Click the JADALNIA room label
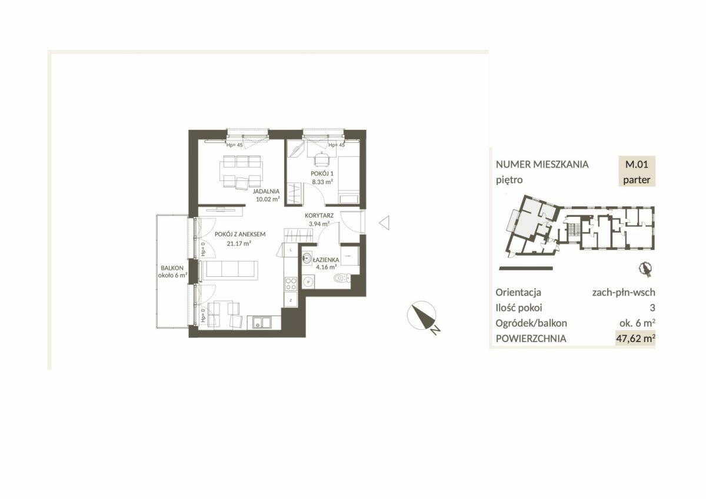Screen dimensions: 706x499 click(x=266, y=191)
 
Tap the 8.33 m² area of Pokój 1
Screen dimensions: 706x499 click(x=322, y=182)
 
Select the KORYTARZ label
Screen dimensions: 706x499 click(x=319, y=216)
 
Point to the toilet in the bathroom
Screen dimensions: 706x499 click(x=342, y=278)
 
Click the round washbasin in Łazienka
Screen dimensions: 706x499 click(x=307, y=258)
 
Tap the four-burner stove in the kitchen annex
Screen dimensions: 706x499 click(x=291, y=284)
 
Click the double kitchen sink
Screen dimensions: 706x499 click(x=262, y=323)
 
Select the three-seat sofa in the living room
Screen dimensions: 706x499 click(x=230, y=270)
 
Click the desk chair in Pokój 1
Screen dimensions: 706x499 click(x=321, y=159)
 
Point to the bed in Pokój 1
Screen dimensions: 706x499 click(x=349, y=180)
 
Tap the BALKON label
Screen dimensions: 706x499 click(x=172, y=268)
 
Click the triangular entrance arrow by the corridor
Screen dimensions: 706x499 click(x=384, y=223)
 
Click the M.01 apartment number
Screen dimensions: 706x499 click(x=637, y=164)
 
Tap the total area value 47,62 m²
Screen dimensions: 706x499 click(x=635, y=339)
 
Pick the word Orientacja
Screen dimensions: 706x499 click(x=518, y=293)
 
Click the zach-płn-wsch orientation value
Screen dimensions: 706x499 click(x=624, y=293)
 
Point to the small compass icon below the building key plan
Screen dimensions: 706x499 click(x=645, y=270)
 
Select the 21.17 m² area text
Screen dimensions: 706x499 click(x=239, y=243)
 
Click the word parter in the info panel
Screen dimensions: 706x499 click(x=637, y=180)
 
